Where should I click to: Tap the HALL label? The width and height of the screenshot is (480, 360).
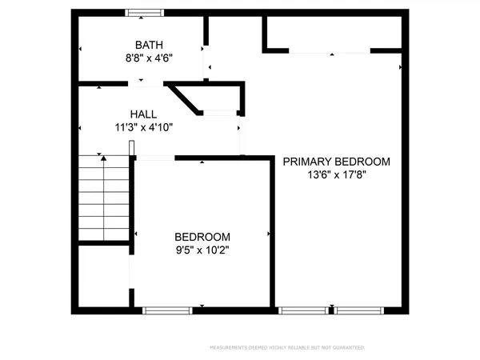click(x=144, y=114)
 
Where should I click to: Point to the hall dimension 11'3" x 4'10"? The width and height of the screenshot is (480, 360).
click(x=144, y=126)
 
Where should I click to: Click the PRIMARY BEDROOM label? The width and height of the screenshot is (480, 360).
click(x=337, y=162)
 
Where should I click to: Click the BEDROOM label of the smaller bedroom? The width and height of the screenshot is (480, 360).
click(x=202, y=237)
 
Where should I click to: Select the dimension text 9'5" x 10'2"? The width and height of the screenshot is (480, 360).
click(x=202, y=250)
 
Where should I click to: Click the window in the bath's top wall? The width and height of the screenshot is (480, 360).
click(x=145, y=12)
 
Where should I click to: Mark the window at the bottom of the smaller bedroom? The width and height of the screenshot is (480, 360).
click(x=167, y=309)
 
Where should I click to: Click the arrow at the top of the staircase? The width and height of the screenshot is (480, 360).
click(x=102, y=158)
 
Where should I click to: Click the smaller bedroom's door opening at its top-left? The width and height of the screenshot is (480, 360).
click(x=157, y=158)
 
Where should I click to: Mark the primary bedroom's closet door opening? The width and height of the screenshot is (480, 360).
click(x=329, y=52)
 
